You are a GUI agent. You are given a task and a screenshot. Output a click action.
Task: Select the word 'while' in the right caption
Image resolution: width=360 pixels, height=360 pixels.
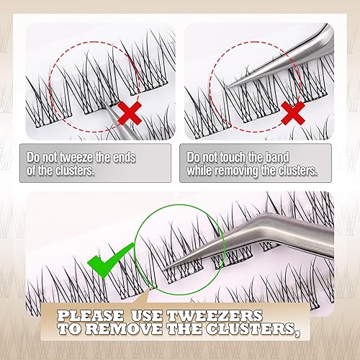203,171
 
